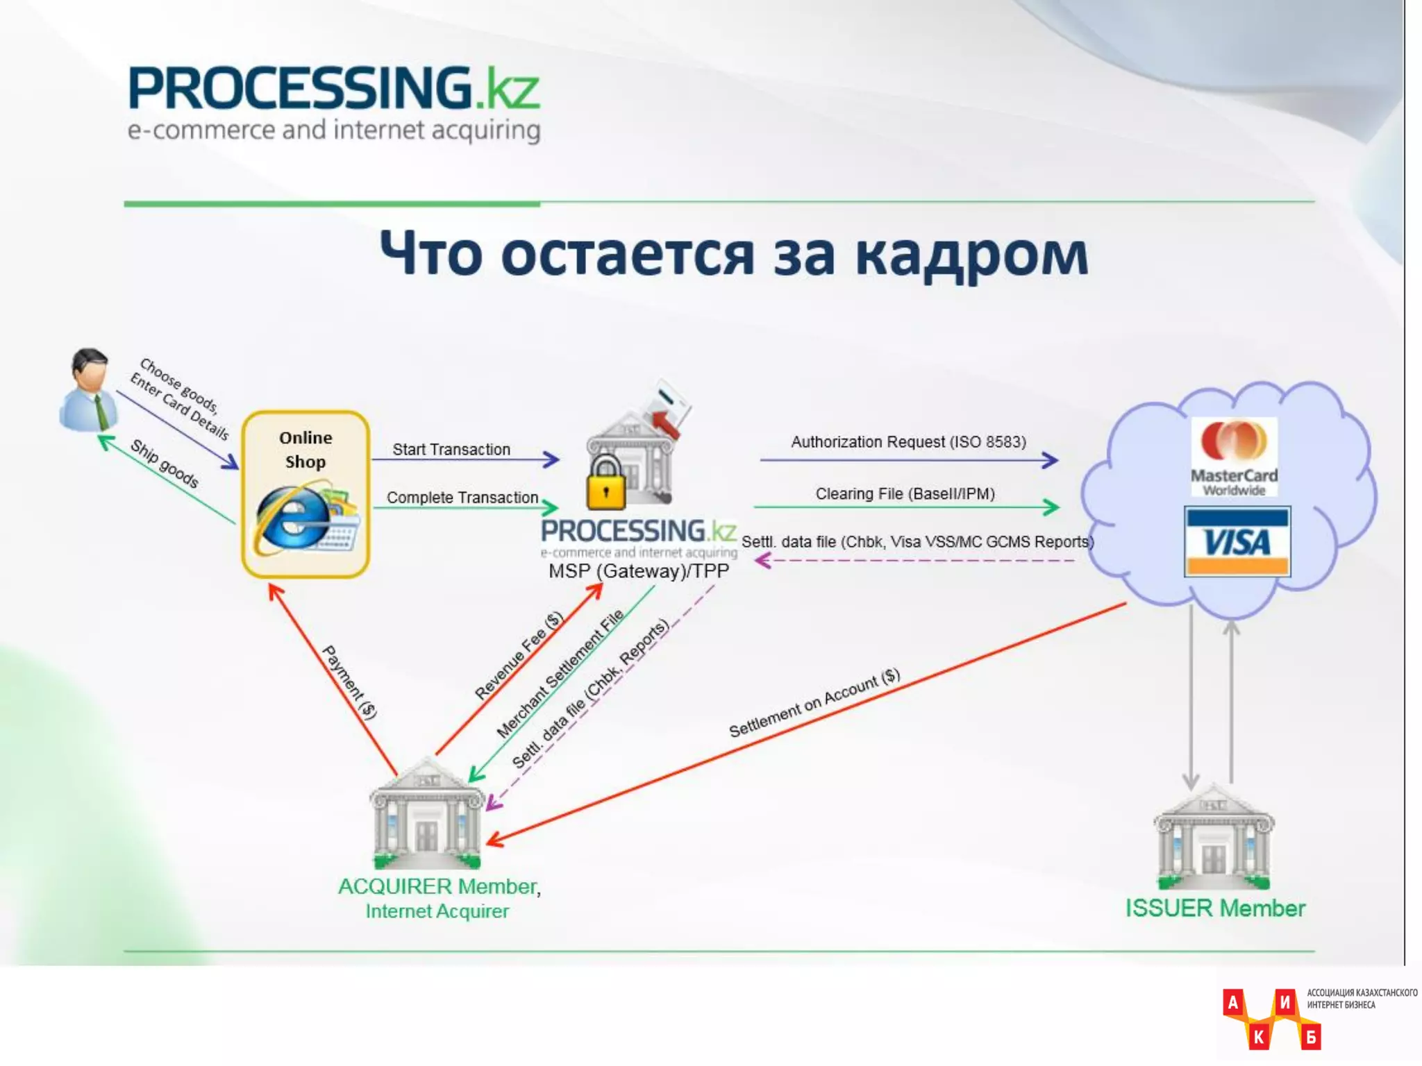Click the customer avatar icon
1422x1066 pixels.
coord(89,390)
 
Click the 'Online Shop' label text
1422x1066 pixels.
coord(306,450)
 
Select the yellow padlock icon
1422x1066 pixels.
coord(606,483)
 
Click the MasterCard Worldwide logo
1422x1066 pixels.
coord(1234,457)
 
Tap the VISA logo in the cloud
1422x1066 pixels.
coord(1237,542)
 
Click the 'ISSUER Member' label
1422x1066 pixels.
coord(1215,908)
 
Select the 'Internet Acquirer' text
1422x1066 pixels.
coord(437,911)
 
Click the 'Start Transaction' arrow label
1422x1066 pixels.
coord(451,450)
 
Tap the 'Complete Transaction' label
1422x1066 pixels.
coord(462,498)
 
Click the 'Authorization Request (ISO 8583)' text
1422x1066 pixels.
coord(908,442)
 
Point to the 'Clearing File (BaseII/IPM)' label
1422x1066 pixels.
coord(905,494)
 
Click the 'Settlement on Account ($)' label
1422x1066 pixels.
coord(814,702)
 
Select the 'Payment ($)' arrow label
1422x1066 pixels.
coord(349,682)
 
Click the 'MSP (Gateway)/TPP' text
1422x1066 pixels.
coord(638,571)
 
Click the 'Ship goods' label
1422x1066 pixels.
coord(165,463)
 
